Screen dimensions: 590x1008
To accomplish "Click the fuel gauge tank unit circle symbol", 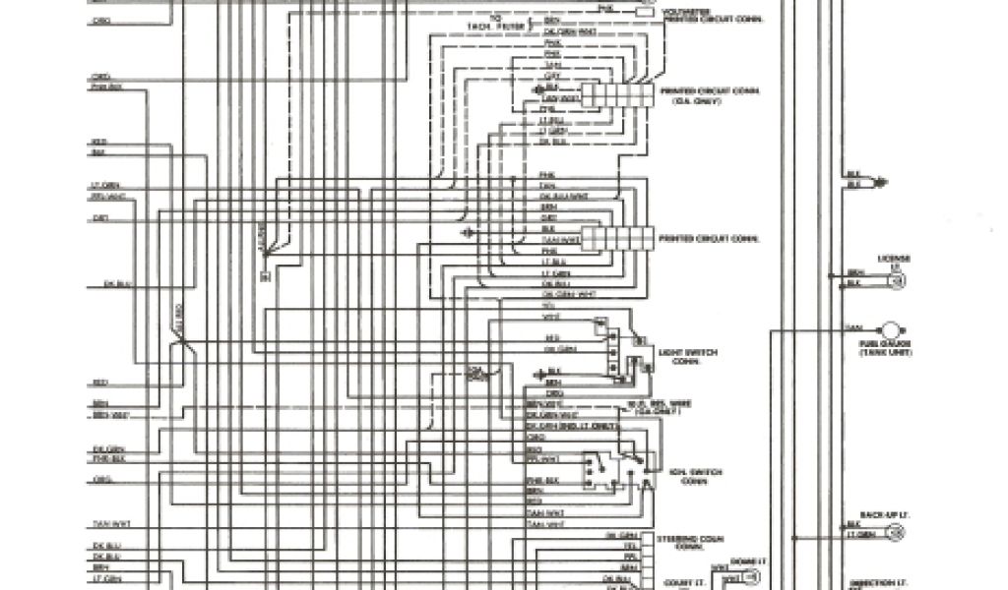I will click(x=891, y=329).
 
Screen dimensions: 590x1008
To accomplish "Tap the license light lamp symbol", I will click(x=896, y=280).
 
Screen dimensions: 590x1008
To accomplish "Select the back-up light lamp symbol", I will click(x=896, y=532).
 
